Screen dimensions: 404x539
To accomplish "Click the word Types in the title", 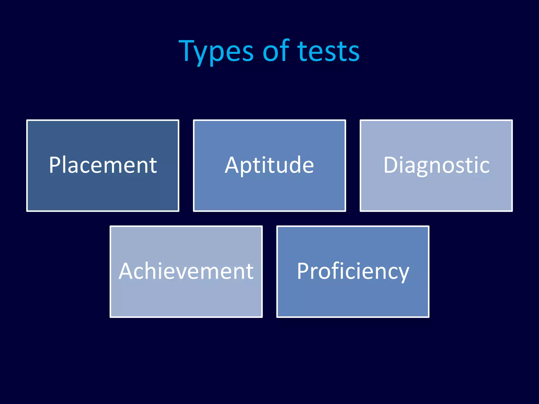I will click(x=216, y=51).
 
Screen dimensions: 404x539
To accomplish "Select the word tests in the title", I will click(x=328, y=51).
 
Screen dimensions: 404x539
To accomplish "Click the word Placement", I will click(x=103, y=165).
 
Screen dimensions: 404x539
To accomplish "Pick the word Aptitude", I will click(x=269, y=165).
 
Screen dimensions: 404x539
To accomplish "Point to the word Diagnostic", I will click(x=436, y=165).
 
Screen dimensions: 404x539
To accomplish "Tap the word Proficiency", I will click(x=353, y=271).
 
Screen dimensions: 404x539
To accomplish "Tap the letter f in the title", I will click(x=285, y=50).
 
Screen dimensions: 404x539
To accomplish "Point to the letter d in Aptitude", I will click(x=295, y=165).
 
